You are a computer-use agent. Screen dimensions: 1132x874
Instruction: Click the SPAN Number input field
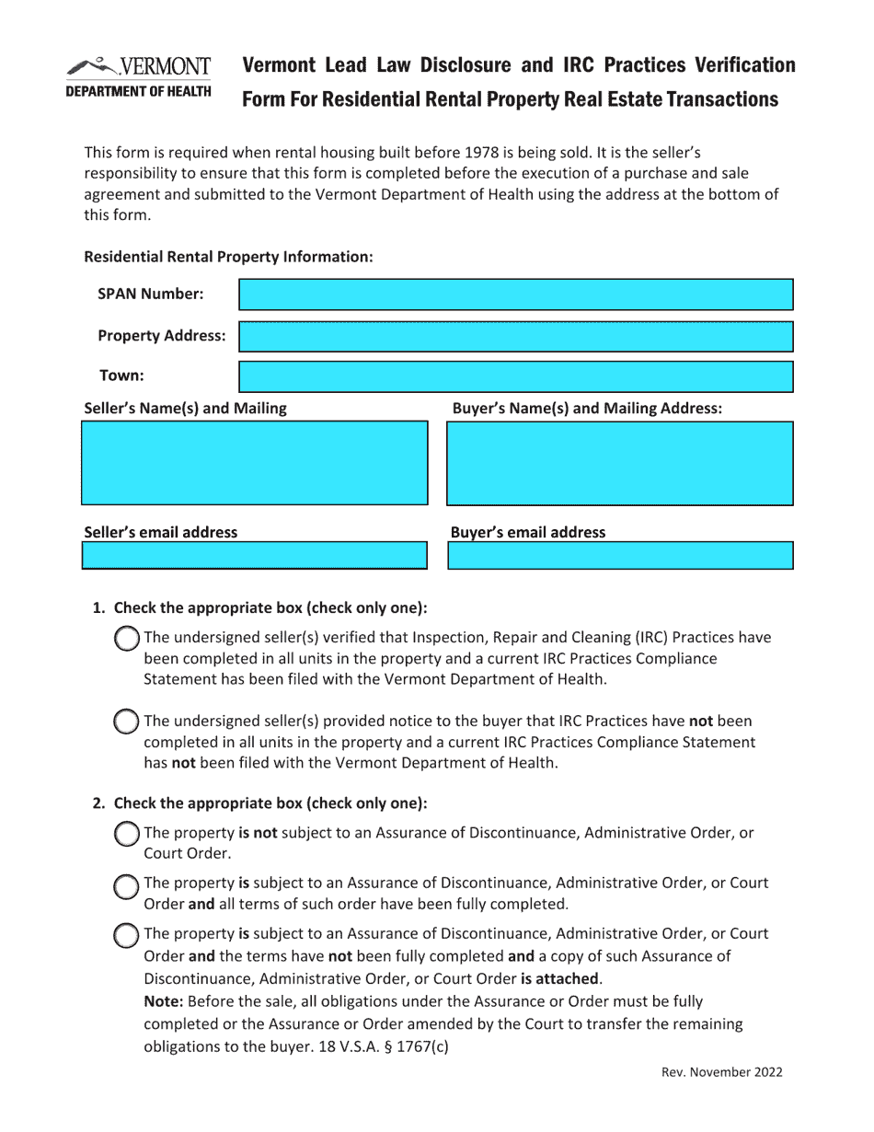[x=515, y=295]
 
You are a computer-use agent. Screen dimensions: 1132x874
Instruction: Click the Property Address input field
[x=515, y=337]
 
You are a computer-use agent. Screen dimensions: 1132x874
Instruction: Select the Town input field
[x=515, y=376]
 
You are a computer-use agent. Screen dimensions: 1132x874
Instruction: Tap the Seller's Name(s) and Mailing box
[x=255, y=463]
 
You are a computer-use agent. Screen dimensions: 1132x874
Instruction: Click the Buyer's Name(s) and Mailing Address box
[x=619, y=463]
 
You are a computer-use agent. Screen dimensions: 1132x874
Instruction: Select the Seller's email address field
[x=255, y=556]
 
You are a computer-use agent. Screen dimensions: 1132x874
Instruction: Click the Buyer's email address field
[x=619, y=556]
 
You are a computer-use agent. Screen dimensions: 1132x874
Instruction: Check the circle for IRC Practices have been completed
[x=126, y=638]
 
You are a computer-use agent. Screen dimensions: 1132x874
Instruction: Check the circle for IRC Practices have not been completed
[x=126, y=722]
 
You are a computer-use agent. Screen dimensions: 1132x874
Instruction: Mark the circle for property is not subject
[x=126, y=834]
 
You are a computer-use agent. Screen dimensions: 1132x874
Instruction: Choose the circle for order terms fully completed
[x=126, y=884]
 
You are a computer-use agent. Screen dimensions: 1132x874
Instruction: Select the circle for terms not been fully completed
[x=126, y=935]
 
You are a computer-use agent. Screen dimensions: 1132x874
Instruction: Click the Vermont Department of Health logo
[x=139, y=77]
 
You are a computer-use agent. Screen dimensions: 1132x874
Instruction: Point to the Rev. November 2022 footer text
[x=722, y=1072]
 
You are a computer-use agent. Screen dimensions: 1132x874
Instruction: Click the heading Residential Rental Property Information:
[x=228, y=257]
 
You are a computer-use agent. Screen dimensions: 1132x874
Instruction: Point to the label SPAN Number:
[x=151, y=295]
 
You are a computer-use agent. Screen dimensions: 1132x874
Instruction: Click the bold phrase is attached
[x=559, y=978]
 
